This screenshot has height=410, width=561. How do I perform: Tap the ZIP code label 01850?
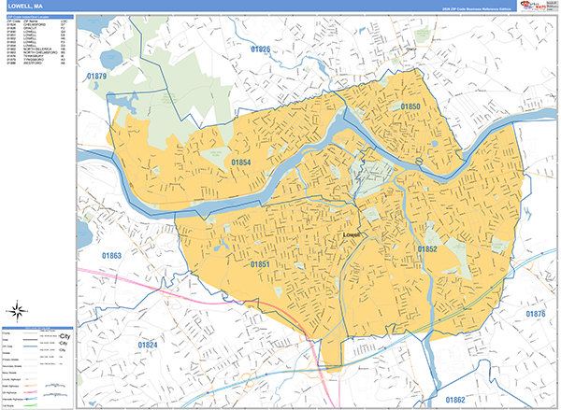410,108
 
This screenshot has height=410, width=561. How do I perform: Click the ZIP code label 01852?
427,249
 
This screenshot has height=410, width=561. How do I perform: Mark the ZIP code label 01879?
96,76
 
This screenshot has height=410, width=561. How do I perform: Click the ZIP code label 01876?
535,314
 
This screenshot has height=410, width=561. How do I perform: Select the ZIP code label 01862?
454,400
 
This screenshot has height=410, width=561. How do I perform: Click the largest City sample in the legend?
65,335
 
